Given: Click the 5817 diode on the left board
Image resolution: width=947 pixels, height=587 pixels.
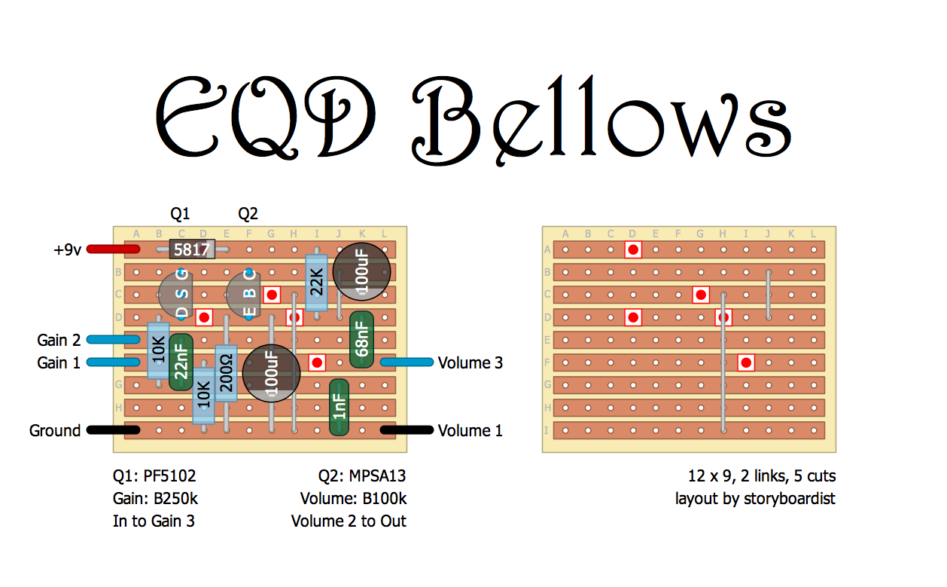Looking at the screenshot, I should tap(191, 249).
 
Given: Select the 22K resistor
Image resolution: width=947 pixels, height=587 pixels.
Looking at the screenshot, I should tap(316, 283).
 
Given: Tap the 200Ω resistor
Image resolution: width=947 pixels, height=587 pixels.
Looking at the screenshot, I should tap(226, 374).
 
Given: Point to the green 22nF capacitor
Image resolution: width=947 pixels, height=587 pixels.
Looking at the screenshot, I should tap(181, 362).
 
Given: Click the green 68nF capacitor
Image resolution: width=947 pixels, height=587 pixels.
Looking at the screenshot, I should tap(361, 340).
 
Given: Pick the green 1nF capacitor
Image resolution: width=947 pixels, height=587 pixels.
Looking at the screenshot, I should tap(340, 408).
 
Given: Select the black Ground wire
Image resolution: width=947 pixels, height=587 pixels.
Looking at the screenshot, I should tap(113, 430).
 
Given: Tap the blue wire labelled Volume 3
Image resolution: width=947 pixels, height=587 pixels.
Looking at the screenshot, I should tap(407, 362).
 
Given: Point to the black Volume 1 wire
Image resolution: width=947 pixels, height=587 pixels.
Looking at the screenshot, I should tap(407, 430).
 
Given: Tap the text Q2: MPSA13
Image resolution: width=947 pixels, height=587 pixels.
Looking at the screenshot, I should tap(362, 476).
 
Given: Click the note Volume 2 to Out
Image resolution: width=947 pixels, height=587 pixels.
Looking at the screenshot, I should tap(349, 521).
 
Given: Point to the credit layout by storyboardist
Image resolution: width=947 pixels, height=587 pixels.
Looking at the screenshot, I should tap(755, 499).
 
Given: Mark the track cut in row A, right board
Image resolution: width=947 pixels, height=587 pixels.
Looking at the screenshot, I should tap(634, 249).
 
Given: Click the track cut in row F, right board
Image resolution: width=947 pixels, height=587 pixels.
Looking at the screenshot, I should tap(746, 362).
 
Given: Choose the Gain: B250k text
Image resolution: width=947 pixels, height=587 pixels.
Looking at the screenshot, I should tap(155, 499).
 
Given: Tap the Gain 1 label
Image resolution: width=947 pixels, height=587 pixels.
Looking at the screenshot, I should tap(59, 363).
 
